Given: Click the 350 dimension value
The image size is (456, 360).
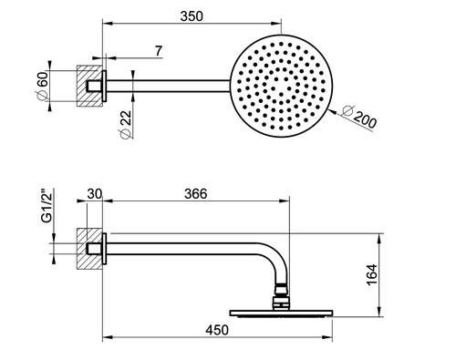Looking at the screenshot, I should point(192,17).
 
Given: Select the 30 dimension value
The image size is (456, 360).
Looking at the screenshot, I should point(94,194).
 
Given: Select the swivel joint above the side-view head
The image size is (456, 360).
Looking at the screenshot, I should point(284,293).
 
